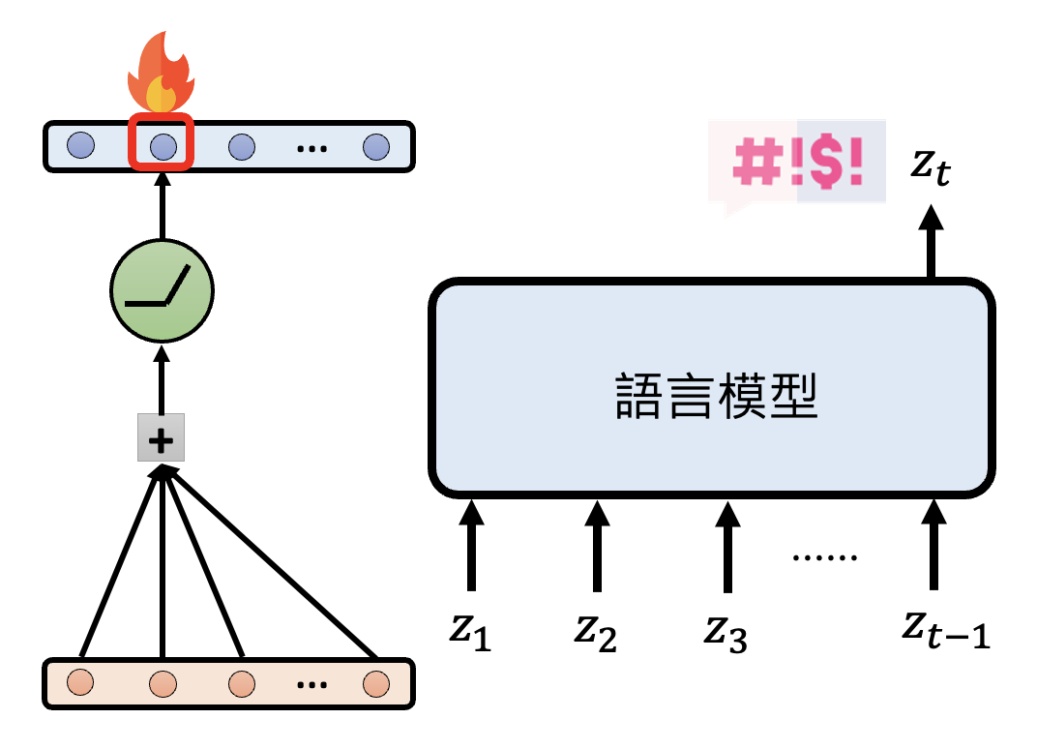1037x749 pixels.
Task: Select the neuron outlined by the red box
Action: pyautogui.click(x=163, y=147)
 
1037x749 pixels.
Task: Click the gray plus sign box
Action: pyautogui.click(x=161, y=441)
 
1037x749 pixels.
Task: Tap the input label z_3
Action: pyautogui.click(x=726, y=633)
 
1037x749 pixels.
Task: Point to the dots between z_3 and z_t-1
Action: pyautogui.click(x=824, y=557)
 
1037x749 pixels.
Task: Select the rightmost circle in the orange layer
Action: pyautogui.click(x=375, y=683)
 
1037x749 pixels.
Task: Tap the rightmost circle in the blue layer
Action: pyautogui.click(x=375, y=147)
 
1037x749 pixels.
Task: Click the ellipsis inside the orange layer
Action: pyautogui.click(x=311, y=685)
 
